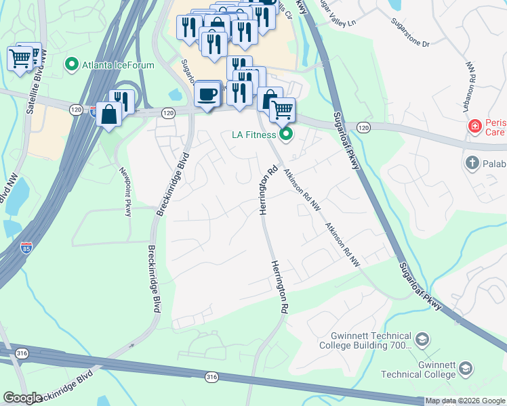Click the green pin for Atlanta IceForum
click(71, 65)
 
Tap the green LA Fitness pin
click(286, 134)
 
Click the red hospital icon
click(476, 127)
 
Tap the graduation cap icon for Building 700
click(422, 339)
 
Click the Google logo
click(22, 398)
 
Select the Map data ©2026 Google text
click(465, 401)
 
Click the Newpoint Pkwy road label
click(125, 192)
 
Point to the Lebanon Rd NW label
click(470, 81)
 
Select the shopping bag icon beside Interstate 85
click(108, 114)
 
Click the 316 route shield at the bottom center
click(212, 377)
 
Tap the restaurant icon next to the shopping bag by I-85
click(122, 101)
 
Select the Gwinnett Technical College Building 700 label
click(371, 340)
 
